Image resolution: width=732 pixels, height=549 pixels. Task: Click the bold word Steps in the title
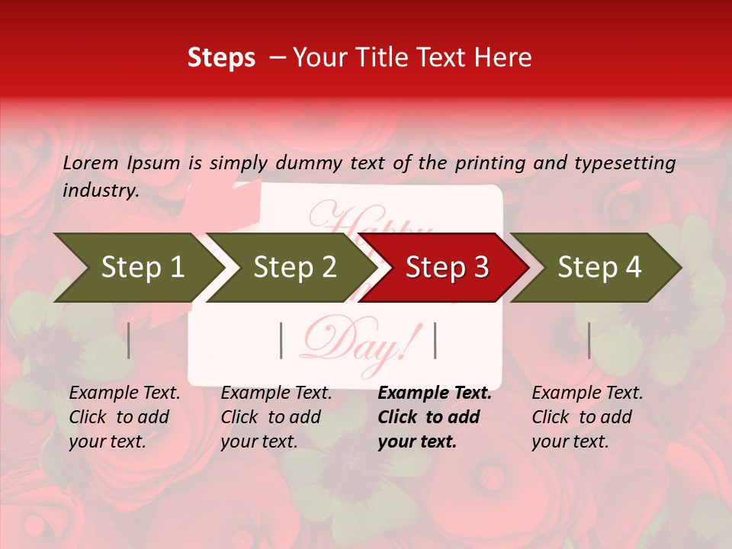221,58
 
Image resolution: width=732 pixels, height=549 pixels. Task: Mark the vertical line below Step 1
129,340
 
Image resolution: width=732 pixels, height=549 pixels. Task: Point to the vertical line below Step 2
281,340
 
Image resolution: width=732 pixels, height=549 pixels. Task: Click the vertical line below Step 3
435,340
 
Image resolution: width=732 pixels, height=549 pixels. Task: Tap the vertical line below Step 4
589,340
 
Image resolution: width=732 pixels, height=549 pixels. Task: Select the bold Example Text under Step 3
435,393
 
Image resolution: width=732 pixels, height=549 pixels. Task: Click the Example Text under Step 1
124,393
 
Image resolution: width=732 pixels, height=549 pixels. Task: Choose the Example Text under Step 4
587,393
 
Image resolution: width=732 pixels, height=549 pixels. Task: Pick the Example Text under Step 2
276,393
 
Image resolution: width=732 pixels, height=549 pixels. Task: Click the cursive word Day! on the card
358,343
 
